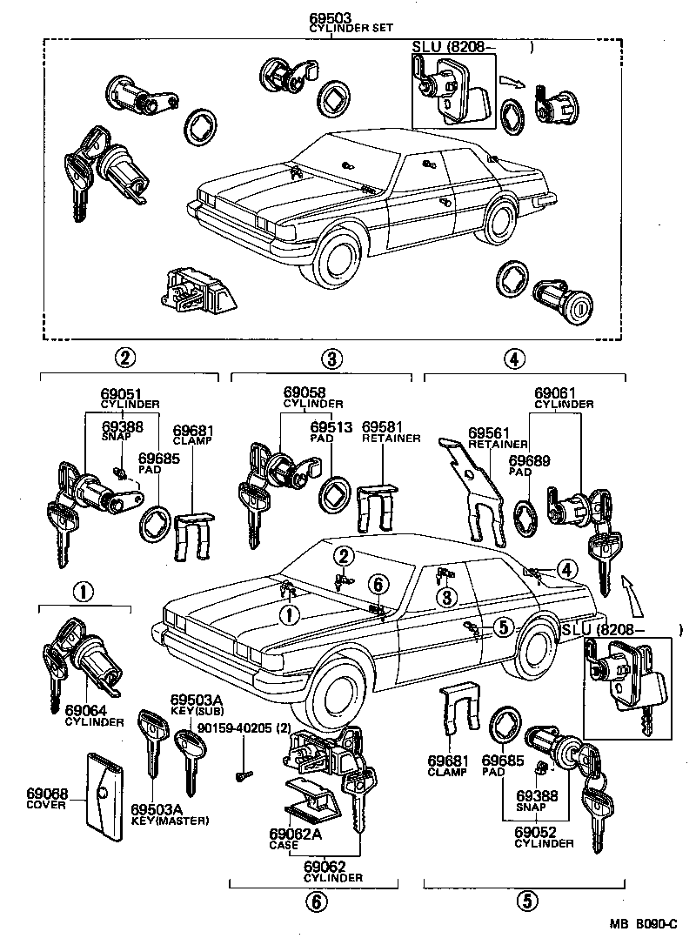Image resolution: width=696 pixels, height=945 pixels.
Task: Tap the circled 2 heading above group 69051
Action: pyautogui.click(x=126, y=357)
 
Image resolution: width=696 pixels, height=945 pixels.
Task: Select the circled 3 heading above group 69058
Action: pyautogui.click(x=331, y=357)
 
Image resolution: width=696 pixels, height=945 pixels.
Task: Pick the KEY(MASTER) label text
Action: pyautogui.click(x=171, y=821)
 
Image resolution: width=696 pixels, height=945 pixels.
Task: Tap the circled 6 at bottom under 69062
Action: pyautogui.click(x=317, y=901)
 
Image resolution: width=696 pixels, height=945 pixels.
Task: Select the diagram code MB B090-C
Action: pyautogui.click(x=646, y=928)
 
